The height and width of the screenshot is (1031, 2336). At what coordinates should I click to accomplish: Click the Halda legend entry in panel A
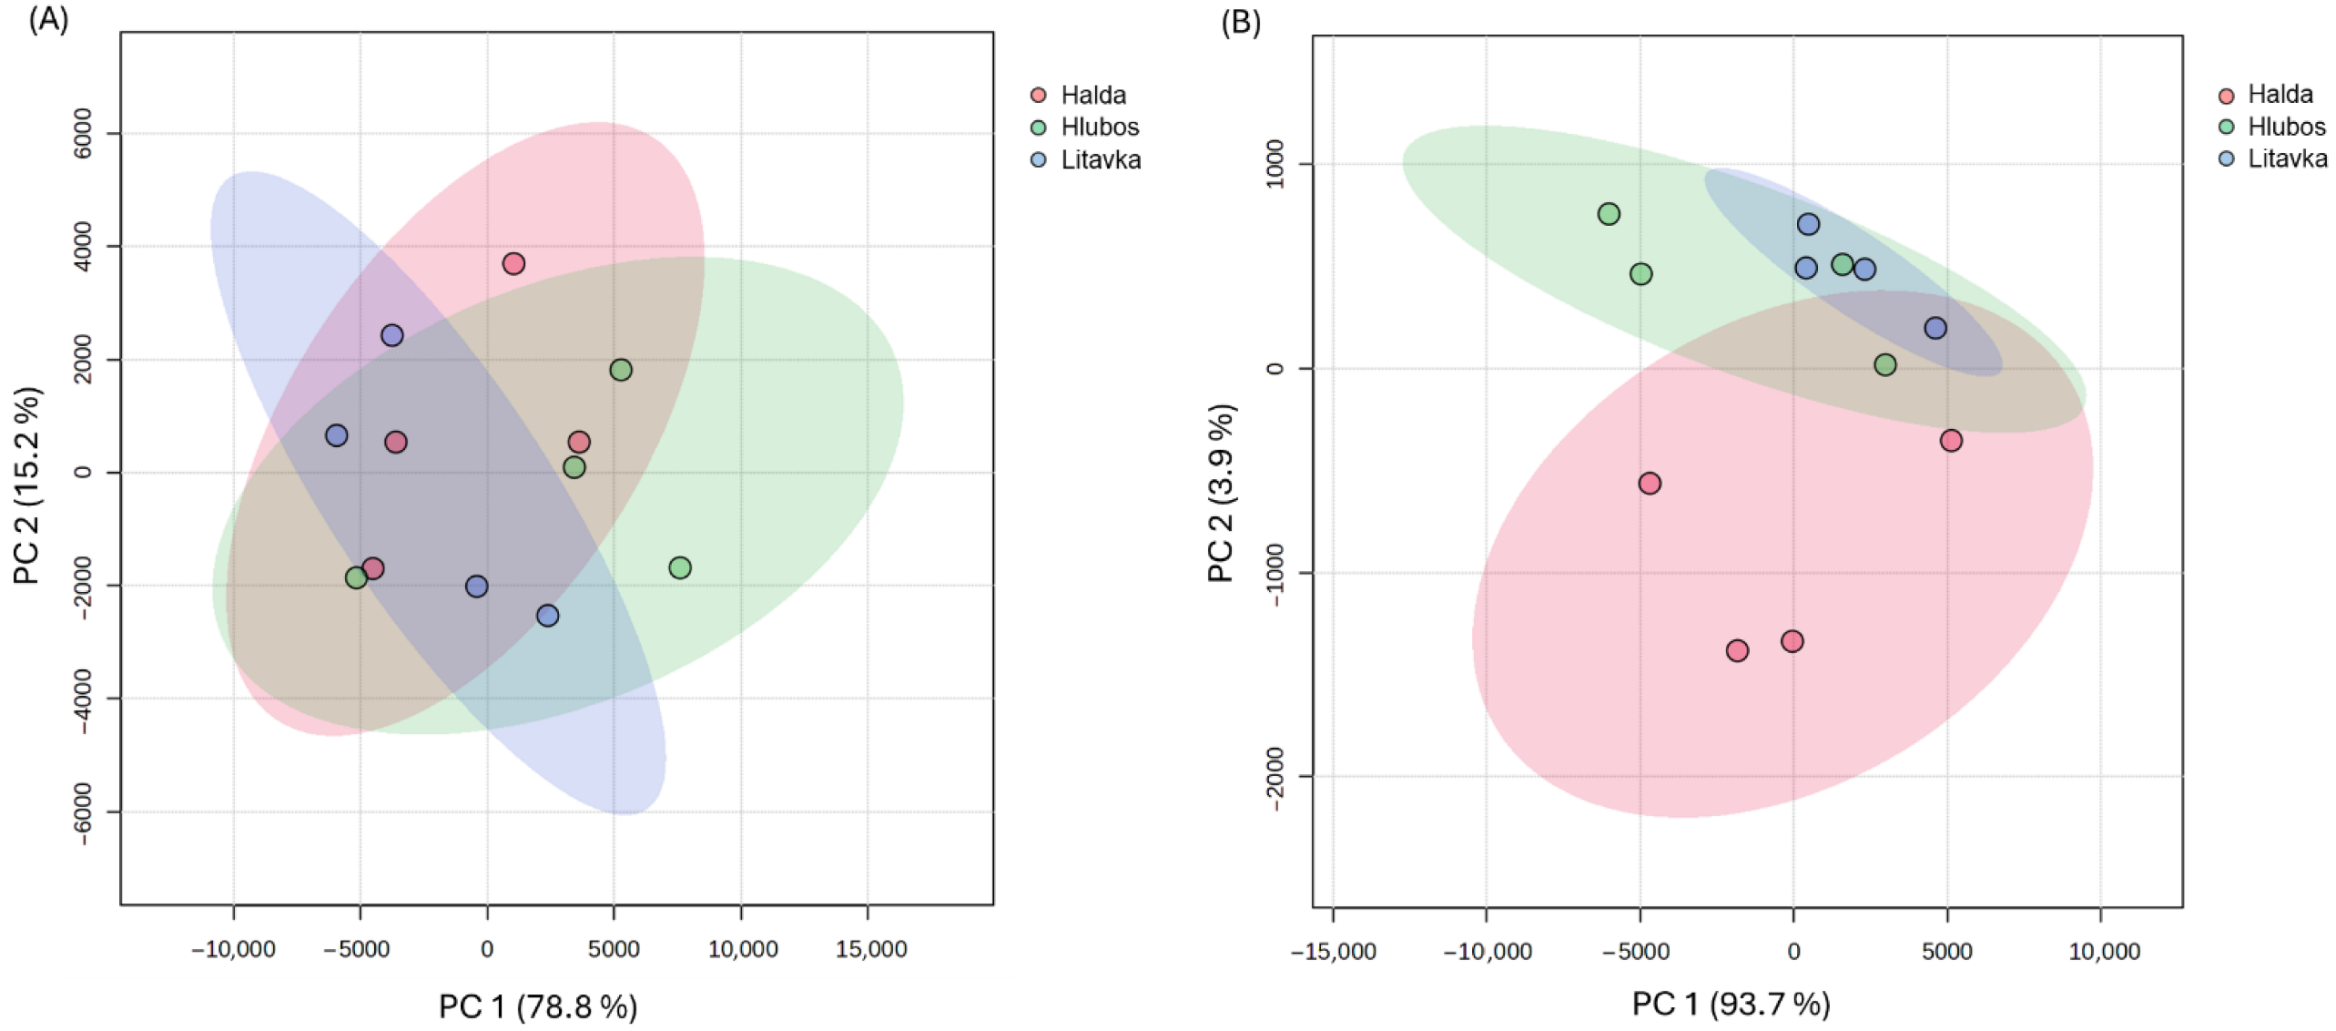[x=1078, y=95]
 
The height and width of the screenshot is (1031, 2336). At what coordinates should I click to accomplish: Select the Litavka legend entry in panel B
[x=2273, y=158]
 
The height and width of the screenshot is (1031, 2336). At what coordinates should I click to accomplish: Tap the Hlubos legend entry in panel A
[x=1084, y=127]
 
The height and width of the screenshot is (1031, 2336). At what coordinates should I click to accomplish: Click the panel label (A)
[x=48, y=18]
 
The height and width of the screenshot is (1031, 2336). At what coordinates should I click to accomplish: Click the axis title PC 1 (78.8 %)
[x=538, y=1006]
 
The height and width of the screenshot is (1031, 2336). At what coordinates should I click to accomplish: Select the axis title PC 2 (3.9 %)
[x=1222, y=493]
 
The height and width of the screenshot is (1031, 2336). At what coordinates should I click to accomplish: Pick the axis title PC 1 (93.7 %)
[x=1731, y=1004]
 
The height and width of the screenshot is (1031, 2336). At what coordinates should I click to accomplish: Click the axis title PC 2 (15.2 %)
[x=28, y=485]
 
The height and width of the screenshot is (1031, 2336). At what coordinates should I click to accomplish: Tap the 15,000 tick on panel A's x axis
[x=871, y=949]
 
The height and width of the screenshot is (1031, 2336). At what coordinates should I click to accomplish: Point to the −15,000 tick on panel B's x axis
[x=1334, y=952]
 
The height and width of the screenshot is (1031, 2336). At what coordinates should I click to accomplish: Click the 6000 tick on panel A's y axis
[x=83, y=133]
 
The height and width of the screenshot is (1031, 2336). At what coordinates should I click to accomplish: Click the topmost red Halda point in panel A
[x=513, y=263]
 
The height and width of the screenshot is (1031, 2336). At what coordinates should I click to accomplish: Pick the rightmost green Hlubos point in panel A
[x=680, y=567]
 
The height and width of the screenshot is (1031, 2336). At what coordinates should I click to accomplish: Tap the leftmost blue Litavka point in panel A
[x=337, y=435]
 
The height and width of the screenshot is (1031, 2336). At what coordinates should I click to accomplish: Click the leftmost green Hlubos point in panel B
[x=1609, y=214]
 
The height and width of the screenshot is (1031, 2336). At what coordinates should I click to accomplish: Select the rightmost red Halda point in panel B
[x=1951, y=440]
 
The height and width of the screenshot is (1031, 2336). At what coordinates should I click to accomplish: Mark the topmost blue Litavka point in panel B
[x=1808, y=224]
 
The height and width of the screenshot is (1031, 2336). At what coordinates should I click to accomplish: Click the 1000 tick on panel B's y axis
[x=1275, y=164]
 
